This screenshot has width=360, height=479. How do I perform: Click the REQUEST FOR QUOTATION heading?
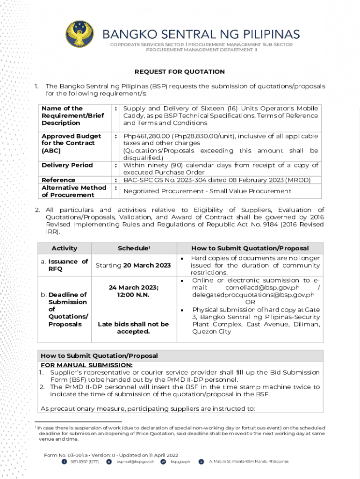tap(180, 72)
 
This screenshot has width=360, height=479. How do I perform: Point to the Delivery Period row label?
tap(67, 165)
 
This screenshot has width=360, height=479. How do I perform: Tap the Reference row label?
tap(58, 180)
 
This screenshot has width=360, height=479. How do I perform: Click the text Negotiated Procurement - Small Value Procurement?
tap(207, 191)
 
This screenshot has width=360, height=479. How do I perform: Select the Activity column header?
tap(65, 248)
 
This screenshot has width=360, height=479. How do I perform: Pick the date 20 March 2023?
tap(147, 266)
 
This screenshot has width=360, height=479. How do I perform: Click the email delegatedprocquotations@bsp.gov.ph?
tap(253, 295)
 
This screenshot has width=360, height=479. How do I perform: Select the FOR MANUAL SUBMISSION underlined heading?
tap(86, 365)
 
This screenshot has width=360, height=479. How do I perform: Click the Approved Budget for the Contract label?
tap(71, 143)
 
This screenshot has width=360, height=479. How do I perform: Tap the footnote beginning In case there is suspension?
tap(180, 434)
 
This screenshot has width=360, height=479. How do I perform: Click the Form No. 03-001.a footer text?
tap(111, 455)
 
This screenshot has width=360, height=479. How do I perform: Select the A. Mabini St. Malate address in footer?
tap(249, 462)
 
